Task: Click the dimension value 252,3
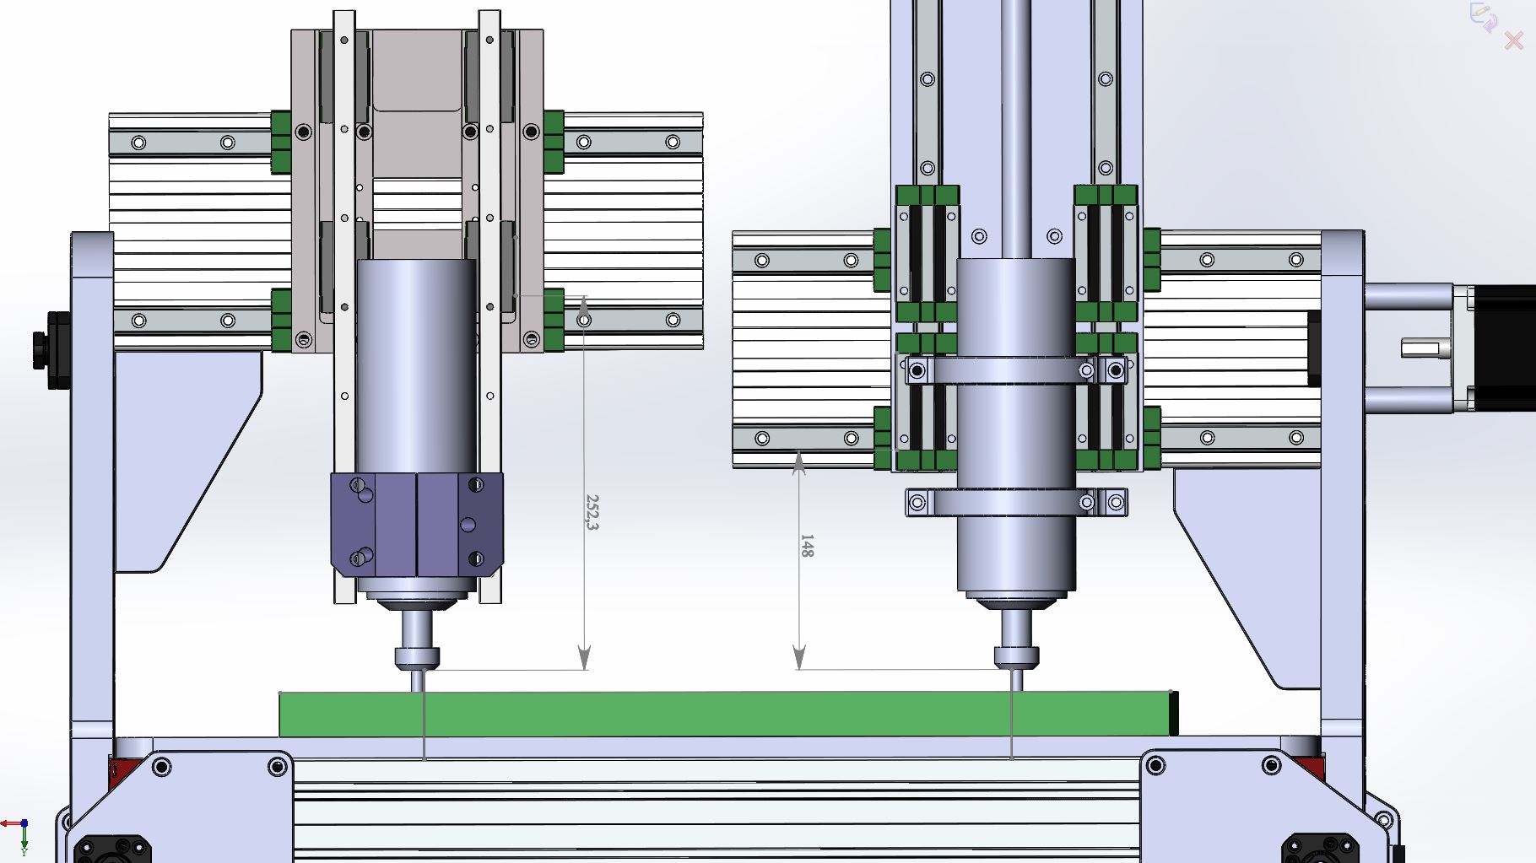pos(592,512)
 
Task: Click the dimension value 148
pos(807,546)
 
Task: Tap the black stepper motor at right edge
pos(1504,348)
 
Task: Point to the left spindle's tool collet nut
pos(417,658)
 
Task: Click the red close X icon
pos(1514,40)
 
